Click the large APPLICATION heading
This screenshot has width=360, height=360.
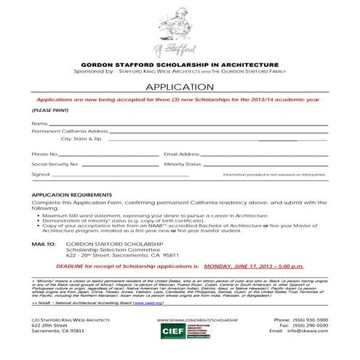point(180,86)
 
